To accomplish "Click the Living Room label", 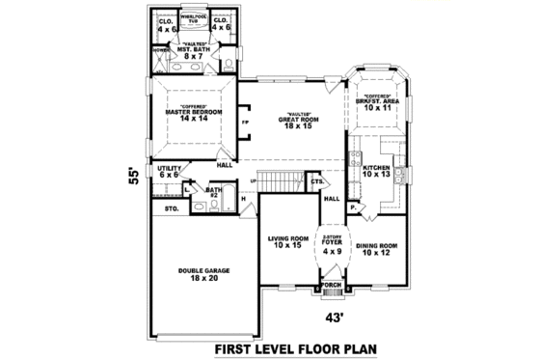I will (x=288, y=242).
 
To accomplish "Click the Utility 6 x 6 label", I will (x=170, y=172).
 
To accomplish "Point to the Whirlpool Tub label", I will (x=197, y=18).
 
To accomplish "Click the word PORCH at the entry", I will (x=332, y=285).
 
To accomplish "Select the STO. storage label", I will (x=172, y=208).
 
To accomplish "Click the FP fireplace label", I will (x=246, y=124).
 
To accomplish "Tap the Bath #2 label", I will (x=214, y=193).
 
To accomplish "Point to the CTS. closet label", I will (x=316, y=180).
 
